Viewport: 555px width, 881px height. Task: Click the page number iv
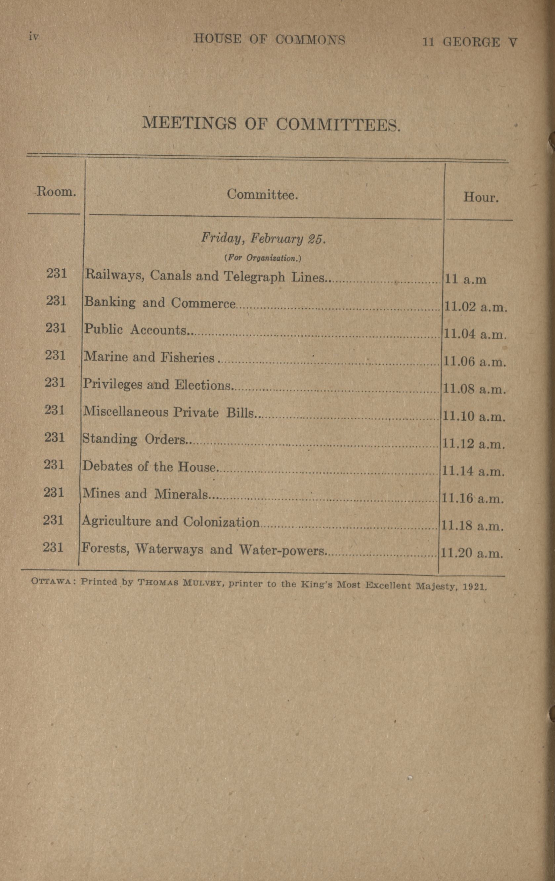34,37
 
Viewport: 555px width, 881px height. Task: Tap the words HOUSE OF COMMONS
269,40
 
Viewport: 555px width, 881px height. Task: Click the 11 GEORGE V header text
470,42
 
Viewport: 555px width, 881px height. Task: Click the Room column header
56,192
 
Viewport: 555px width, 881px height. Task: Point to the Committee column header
263,194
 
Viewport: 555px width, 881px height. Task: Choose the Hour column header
481,198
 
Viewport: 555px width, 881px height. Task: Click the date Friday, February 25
263,239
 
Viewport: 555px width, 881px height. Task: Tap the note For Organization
263,258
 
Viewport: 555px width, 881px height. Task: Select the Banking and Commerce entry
160,303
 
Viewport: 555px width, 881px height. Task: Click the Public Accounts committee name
135,330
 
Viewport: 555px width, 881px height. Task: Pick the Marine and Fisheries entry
149,357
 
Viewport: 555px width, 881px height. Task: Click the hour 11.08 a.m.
474,389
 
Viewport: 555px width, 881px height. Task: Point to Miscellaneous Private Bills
168,412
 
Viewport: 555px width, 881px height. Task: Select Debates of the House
149,467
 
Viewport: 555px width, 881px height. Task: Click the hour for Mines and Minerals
473,498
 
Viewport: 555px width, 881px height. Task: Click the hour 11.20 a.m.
472,553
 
